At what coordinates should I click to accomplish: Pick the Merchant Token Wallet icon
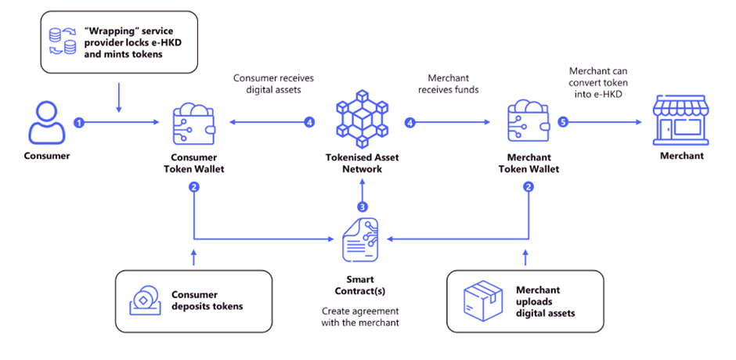[527, 122]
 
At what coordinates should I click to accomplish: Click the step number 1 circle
[78, 123]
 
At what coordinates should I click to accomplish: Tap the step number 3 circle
[362, 207]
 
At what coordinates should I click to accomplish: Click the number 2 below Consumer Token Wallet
[193, 187]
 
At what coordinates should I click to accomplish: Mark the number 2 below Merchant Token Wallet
[528, 187]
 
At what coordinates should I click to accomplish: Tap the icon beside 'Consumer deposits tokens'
[143, 300]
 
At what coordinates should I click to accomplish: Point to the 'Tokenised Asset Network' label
[361, 163]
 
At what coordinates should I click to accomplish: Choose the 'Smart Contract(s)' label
[361, 284]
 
